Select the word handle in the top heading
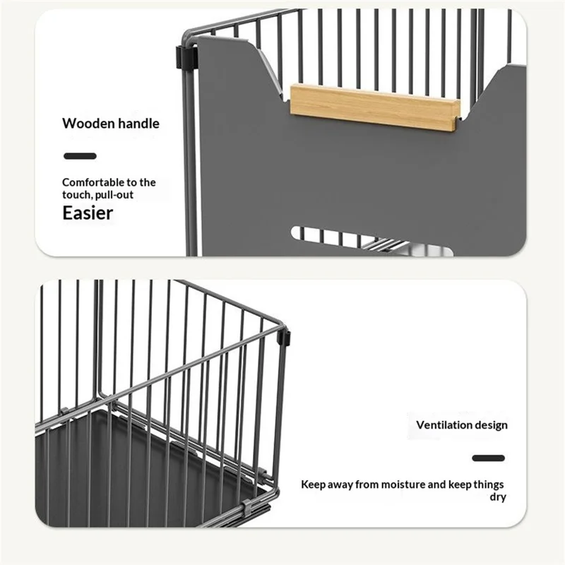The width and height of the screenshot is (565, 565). pyautogui.click(x=138, y=123)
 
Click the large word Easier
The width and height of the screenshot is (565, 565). pyautogui.click(x=88, y=213)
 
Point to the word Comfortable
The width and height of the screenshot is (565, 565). pyautogui.click(x=94, y=182)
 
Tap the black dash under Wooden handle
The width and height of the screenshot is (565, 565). pyautogui.click(x=80, y=156)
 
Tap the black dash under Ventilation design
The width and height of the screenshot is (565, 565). pyautogui.click(x=488, y=458)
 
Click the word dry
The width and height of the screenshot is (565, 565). pyautogui.click(x=498, y=497)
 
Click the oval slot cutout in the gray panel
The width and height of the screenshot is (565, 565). pyautogui.click(x=372, y=241)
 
